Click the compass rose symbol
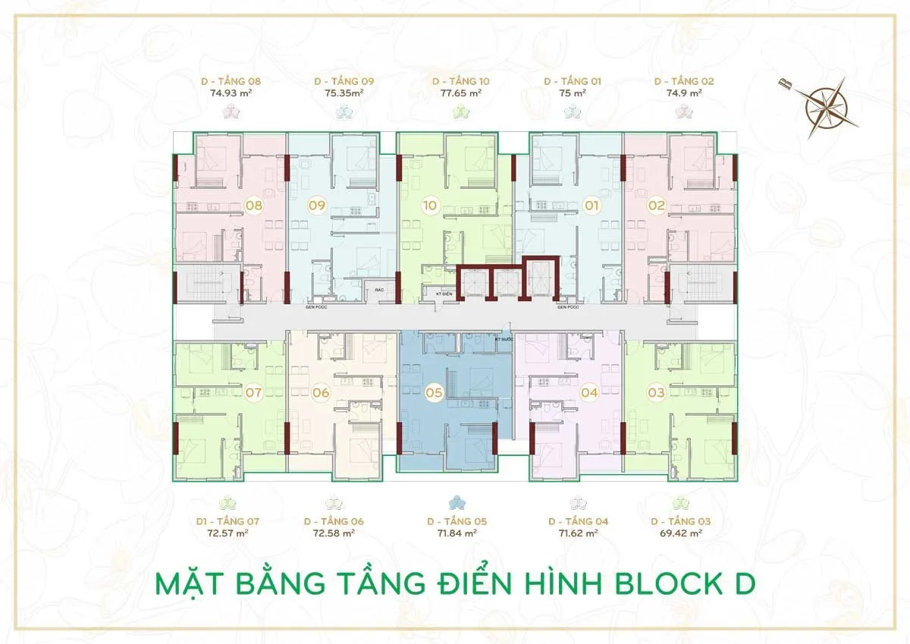[827, 106]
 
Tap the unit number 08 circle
[255, 205]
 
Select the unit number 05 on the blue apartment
[434, 393]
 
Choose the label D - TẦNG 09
[344, 81]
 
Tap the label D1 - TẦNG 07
[227, 522]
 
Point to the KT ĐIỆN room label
[433, 292]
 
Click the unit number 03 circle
[657, 393]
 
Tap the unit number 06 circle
[321, 393]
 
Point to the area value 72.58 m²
[334, 533]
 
